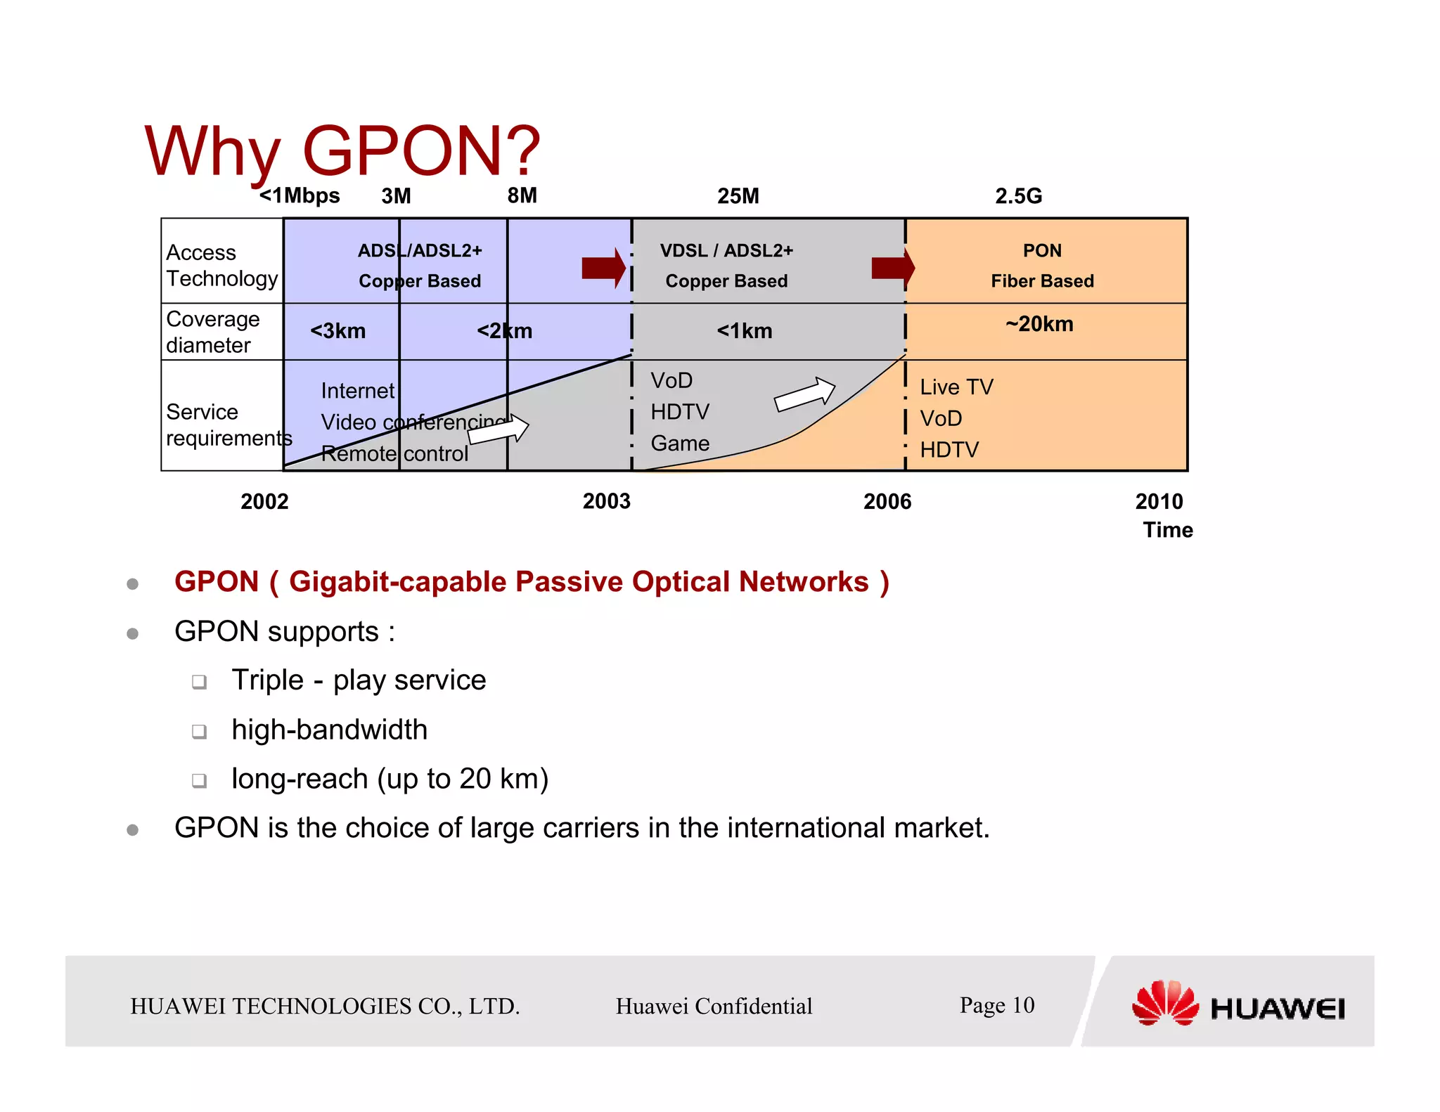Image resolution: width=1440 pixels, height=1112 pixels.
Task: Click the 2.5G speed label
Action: pyautogui.click(x=1018, y=196)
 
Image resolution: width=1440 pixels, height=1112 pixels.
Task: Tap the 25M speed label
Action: pyautogui.click(x=738, y=196)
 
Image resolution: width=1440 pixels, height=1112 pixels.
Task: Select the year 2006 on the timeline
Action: pyautogui.click(x=887, y=501)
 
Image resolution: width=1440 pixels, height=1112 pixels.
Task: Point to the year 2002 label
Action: pyautogui.click(x=264, y=501)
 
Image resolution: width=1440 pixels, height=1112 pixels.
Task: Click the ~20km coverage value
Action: pyautogui.click(x=1039, y=324)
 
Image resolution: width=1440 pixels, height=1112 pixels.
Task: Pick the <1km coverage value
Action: pyautogui.click(x=744, y=331)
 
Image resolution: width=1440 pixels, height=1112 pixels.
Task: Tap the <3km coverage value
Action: pyautogui.click(x=337, y=331)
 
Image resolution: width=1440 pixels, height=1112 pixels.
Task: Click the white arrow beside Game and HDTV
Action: pyautogui.click(x=804, y=394)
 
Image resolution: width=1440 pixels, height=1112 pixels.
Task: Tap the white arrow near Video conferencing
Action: pyautogui.click(x=499, y=429)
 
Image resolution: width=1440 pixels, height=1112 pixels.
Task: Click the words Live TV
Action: pyautogui.click(x=956, y=387)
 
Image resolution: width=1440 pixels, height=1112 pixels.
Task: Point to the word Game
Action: pyautogui.click(x=679, y=444)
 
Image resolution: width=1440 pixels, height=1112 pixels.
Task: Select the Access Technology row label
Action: pyautogui.click(x=221, y=265)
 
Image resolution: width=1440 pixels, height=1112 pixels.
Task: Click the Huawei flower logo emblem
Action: pyautogui.click(x=1165, y=1003)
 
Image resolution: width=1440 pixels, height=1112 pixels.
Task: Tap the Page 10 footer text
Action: pyautogui.click(x=996, y=1005)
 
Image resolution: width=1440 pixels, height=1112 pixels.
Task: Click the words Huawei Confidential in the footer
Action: pyautogui.click(x=714, y=1006)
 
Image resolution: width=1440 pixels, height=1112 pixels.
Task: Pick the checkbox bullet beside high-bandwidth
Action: pyautogui.click(x=200, y=732)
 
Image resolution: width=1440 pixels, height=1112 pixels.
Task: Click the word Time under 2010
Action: pyautogui.click(x=1167, y=530)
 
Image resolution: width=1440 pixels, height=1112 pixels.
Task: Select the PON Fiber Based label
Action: pyautogui.click(x=1042, y=266)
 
